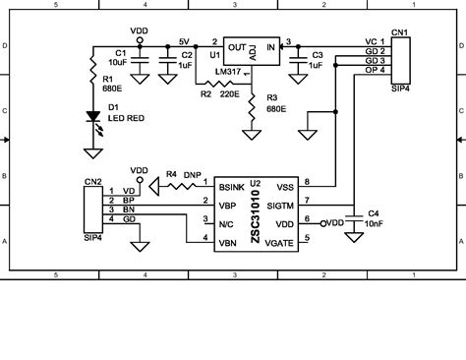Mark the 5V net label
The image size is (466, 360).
tap(184, 41)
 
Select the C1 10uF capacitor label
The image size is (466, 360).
tap(123, 58)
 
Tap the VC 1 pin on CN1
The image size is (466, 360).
tap(375, 42)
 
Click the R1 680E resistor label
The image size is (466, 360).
tap(109, 84)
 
